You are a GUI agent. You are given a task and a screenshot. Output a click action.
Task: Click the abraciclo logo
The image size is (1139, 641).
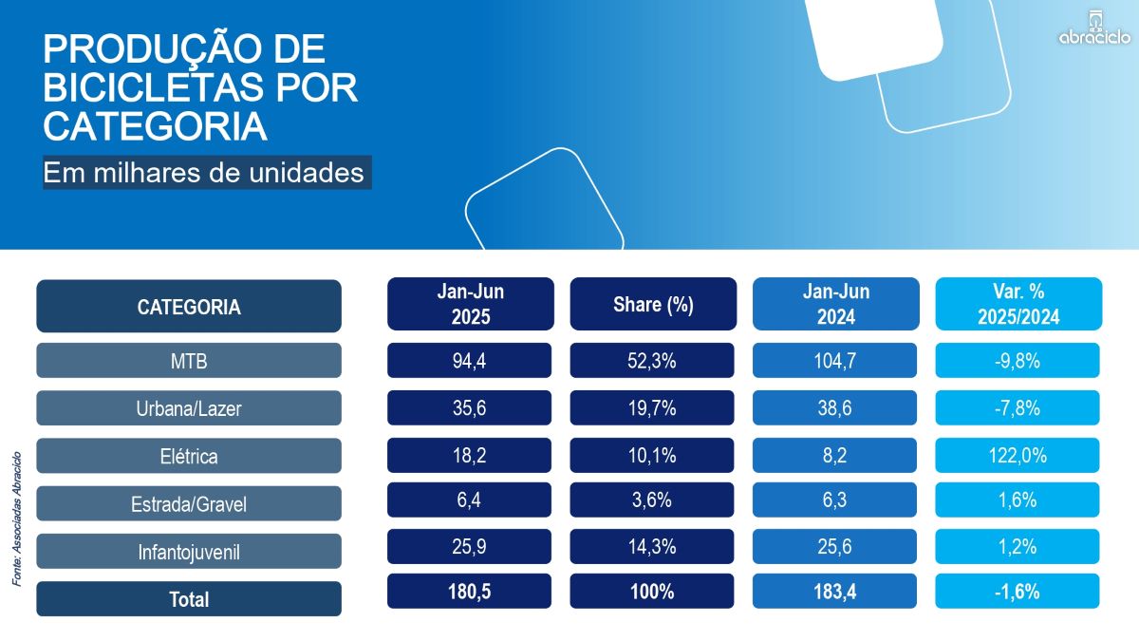(1094, 29)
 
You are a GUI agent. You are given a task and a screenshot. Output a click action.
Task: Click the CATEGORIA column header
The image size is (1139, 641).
(189, 307)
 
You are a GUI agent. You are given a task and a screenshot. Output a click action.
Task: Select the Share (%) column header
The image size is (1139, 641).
(653, 305)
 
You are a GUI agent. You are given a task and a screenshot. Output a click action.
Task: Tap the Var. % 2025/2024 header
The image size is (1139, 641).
(1018, 305)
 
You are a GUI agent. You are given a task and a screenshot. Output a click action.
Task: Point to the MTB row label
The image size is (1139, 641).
(189, 361)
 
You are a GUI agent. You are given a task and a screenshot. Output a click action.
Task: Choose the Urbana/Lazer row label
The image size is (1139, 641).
(189, 408)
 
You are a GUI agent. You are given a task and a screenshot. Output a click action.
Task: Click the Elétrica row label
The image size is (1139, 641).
(189, 456)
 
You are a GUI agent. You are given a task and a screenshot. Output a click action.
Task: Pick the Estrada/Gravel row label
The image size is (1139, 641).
(189, 503)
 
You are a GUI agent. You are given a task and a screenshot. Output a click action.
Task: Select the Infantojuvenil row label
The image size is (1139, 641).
(189, 551)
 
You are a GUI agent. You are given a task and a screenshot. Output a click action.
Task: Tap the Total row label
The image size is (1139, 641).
(189, 599)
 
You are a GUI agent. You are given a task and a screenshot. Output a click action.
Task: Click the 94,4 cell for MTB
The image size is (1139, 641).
(470, 360)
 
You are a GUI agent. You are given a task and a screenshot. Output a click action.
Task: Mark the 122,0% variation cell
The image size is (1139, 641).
(1018, 455)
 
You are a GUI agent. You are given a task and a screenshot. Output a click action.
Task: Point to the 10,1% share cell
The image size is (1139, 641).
(652, 455)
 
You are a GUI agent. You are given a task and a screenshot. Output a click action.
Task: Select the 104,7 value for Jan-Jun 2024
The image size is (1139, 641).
(835, 360)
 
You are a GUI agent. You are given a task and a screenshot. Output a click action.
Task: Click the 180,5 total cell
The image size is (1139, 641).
(470, 591)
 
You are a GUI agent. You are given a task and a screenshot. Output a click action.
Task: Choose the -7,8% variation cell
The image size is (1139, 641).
(1018, 407)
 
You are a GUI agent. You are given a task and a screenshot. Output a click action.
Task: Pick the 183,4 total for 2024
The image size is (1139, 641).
(835, 591)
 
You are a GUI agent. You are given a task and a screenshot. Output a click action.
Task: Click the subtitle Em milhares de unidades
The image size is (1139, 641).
(204, 173)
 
